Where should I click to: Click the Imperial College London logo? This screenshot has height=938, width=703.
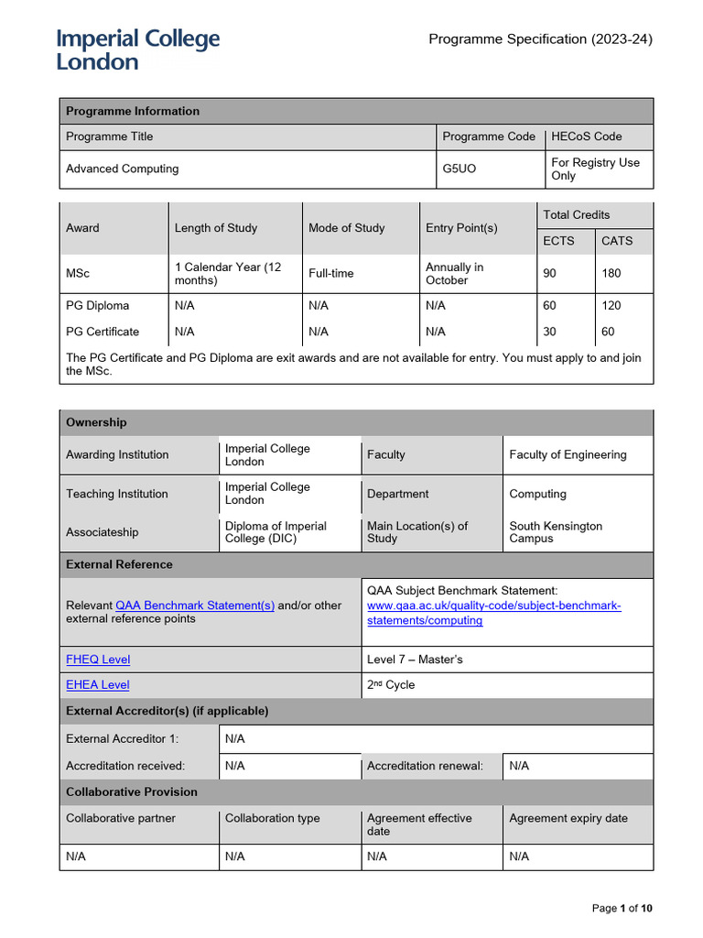click(x=138, y=50)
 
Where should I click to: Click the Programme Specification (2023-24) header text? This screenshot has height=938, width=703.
click(x=541, y=38)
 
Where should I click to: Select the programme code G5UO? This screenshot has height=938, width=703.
click(x=460, y=169)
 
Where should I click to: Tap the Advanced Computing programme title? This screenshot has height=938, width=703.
click(x=123, y=169)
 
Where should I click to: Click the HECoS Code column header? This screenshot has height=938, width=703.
click(x=586, y=136)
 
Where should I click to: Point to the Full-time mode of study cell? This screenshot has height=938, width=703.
click(x=331, y=273)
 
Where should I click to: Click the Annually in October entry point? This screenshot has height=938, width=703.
click(x=455, y=273)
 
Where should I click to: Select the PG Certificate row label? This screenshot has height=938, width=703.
click(x=103, y=332)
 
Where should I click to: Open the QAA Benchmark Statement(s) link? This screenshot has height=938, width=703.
click(x=195, y=605)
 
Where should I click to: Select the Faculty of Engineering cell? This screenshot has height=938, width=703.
click(x=568, y=454)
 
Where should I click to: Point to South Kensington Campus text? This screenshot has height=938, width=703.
click(x=556, y=532)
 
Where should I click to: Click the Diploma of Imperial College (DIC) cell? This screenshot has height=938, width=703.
click(x=276, y=532)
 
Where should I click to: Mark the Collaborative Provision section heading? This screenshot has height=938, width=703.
click(x=132, y=791)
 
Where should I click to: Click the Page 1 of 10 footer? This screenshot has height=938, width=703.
click(x=622, y=908)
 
